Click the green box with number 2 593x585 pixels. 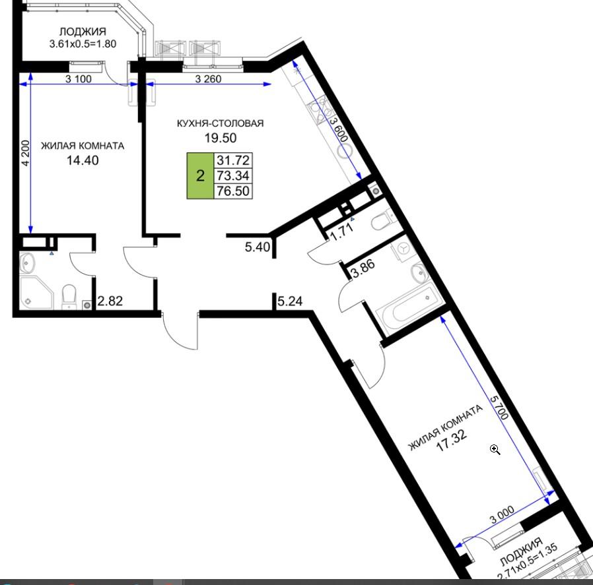pyautogui.click(x=200, y=175)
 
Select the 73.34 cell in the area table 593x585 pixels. pyautogui.click(x=233, y=175)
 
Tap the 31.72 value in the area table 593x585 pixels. pyautogui.click(x=233, y=160)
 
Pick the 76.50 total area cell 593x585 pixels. pyautogui.click(x=233, y=191)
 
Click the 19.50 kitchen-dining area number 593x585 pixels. pyautogui.click(x=221, y=138)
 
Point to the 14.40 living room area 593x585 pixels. pyautogui.click(x=83, y=160)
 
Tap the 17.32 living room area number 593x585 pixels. pyautogui.click(x=452, y=441)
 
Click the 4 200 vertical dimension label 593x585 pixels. pyautogui.click(x=25, y=153)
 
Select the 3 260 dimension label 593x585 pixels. pyautogui.click(x=209, y=79)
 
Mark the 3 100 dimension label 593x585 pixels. pyautogui.click(x=79, y=79)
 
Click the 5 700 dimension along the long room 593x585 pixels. pyautogui.click(x=499, y=408)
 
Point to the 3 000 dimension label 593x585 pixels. pyautogui.click(x=502, y=514)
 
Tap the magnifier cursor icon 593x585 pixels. pyautogui.click(x=495, y=449)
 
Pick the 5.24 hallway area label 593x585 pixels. pyautogui.click(x=290, y=301)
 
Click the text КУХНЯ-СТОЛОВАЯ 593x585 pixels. pyautogui.click(x=221, y=123)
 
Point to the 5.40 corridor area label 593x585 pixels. pyautogui.click(x=258, y=247)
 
